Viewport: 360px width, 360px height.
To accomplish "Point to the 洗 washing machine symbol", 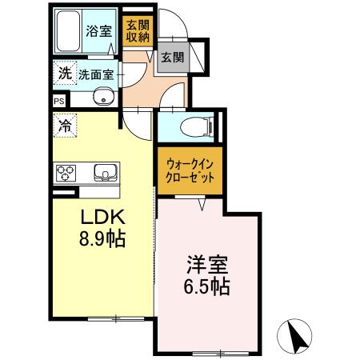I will coord(63,74).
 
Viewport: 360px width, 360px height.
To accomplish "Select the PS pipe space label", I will coord(59,101).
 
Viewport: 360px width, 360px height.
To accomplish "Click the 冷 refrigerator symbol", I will coord(63,125).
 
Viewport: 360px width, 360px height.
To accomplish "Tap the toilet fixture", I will coord(193,126).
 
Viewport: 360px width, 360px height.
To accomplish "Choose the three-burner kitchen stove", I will coord(66,173).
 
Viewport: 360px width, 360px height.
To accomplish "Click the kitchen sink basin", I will coord(105,172).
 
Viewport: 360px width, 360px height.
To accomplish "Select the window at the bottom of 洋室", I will coord(218,353).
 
